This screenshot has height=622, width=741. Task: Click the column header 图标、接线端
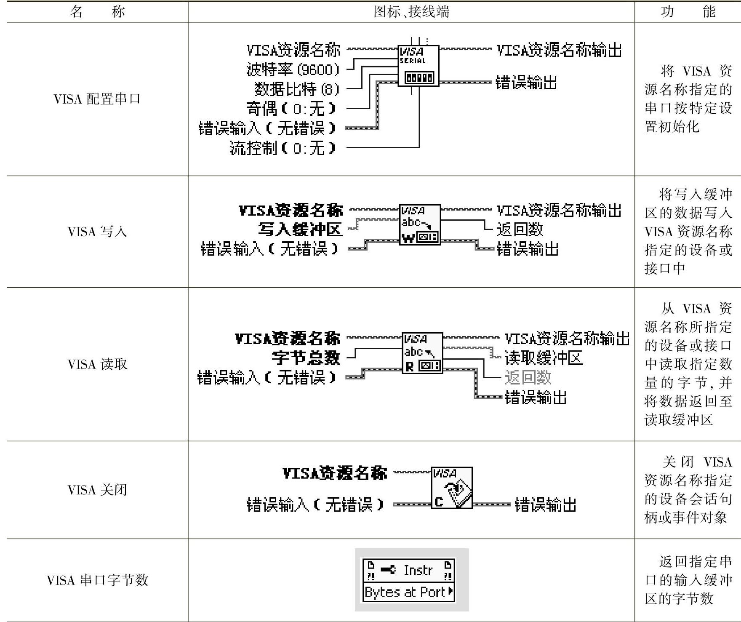(x=411, y=11)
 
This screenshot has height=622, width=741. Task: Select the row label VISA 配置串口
(x=97, y=99)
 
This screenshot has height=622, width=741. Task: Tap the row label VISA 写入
(x=97, y=231)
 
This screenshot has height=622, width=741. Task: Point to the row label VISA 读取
(x=97, y=364)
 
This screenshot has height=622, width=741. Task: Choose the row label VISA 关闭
(x=97, y=489)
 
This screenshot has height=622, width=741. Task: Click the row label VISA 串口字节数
(x=97, y=580)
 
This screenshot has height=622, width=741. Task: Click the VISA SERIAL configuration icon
(x=418, y=66)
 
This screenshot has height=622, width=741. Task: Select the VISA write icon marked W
(x=420, y=225)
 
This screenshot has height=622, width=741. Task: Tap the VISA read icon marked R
(x=422, y=353)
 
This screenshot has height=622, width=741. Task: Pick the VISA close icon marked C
(x=452, y=488)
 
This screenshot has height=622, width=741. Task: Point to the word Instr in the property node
(x=418, y=570)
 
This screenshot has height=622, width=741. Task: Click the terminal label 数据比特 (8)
(x=296, y=89)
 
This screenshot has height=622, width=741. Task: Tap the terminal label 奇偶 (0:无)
(x=291, y=109)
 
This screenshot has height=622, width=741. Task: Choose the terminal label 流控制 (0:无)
(x=283, y=148)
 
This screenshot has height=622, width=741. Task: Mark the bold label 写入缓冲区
(x=300, y=230)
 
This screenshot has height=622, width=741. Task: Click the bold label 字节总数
(x=306, y=358)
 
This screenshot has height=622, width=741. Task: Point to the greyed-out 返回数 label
(x=528, y=378)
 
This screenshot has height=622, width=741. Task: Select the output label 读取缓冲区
(x=544, y=358)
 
